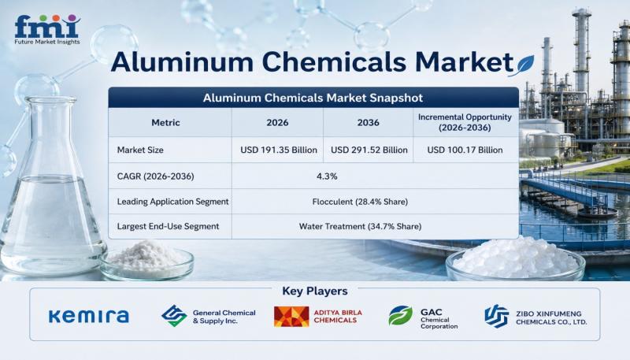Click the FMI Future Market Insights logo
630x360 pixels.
click(x=47, y=30)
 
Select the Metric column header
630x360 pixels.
click(x=165, y=123)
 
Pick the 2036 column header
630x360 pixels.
click(x=368, y=123)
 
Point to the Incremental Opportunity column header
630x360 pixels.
click(x=465, y=122)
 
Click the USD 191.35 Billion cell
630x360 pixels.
click(x=279, y=150)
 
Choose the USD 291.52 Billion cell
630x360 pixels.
click(x=369, y=150)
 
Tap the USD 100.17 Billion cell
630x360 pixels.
click(x=465, y=150)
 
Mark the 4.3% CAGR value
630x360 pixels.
click(x=327, y=176)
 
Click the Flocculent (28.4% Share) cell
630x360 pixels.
click(x=360, y=202)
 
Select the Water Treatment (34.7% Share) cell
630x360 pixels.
click(x=360, y=226)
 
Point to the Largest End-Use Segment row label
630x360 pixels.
click(x=168, y=226)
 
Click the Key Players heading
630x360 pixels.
click(x=315, y=291)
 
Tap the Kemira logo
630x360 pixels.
click(x=89, y=316)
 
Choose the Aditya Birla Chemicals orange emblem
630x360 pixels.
click(x=291, y=317)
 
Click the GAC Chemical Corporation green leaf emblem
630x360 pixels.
click(x=401, y=315)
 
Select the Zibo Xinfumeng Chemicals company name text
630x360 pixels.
click(x=551, y=317)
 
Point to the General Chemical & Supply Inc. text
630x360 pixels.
click(x=224, y=317)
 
